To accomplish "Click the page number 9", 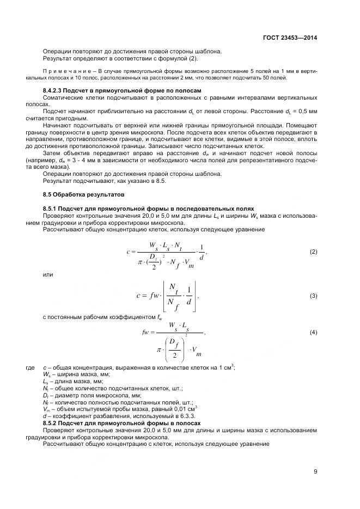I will (x=315, y=471).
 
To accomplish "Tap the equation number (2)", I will (x=313, y=252).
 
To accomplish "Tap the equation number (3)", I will (x=313, y=296).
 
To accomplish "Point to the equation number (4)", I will (x=313, y=332).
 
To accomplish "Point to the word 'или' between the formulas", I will (x=48, y=275).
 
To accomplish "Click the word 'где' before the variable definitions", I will (x=30, y=368).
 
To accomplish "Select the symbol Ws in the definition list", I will (x=46, y=375).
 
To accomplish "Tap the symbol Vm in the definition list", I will (x=46, y=409).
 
